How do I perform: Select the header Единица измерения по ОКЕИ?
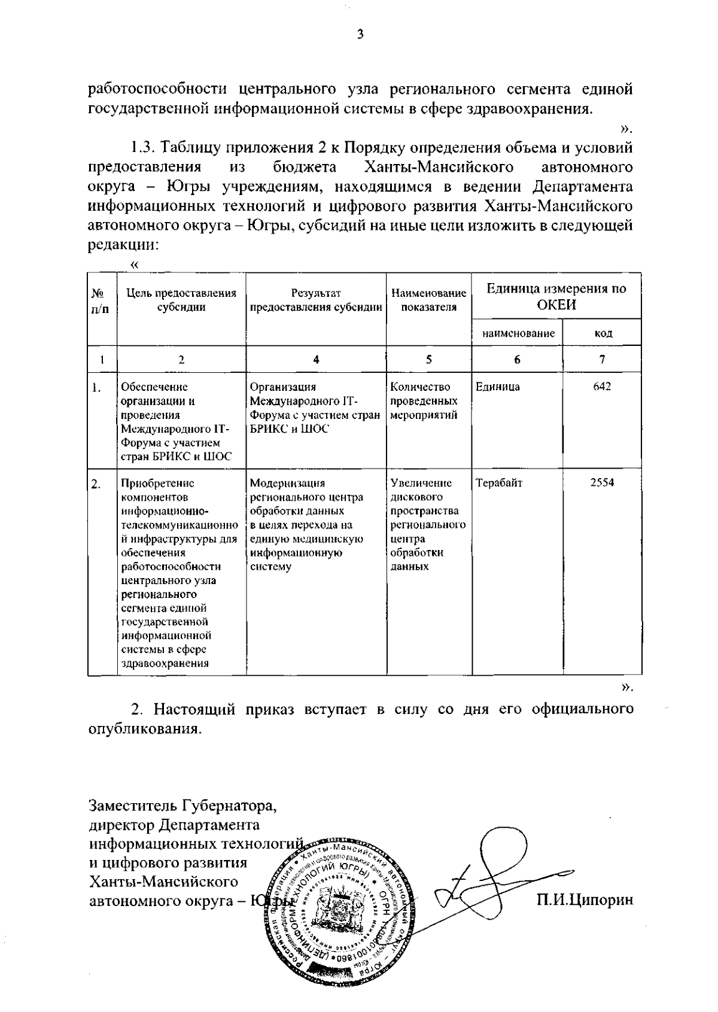(556, 296)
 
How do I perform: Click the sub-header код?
(603, 333)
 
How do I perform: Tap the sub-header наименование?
(518, 333)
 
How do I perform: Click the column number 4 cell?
(316, 359)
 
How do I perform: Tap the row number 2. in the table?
(96, 484)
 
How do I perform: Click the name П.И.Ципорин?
(584, 899)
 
